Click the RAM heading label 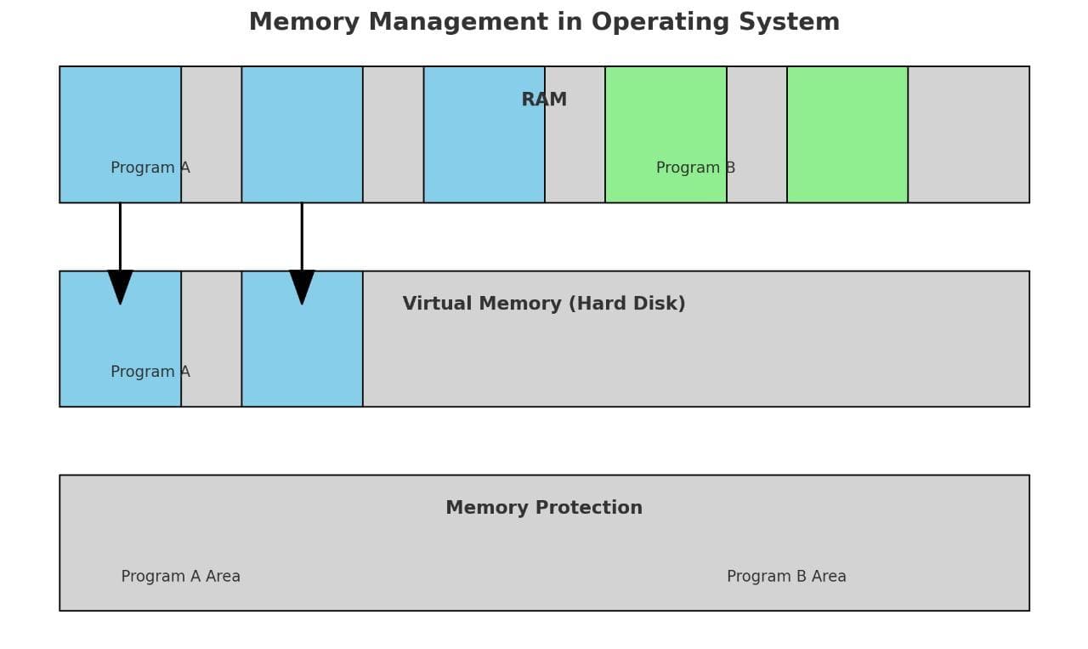point(544,100)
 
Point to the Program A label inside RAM point(150,168)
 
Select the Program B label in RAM point(695,168)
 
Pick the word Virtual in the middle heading point(435,304)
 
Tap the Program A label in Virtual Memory point(150,372)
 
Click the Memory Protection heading point(544,508)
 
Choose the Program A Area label point(180,576)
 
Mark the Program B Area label point(786,576)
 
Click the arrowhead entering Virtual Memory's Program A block point(120,286)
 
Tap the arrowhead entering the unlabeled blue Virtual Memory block point(302,286)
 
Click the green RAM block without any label point(847,134)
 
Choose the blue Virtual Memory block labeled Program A point(120,340)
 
